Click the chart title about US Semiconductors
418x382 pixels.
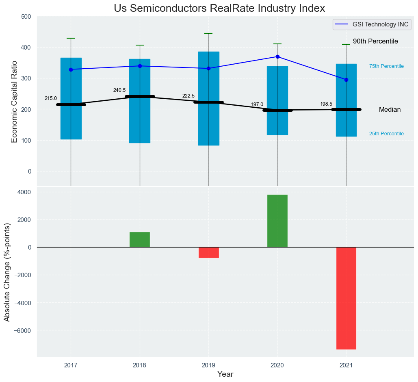coord(219,9)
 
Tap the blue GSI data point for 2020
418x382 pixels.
coord(277,56)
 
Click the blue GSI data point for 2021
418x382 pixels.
coord(346,80)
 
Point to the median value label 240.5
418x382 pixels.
coord(119,90)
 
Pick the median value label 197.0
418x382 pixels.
coord(257,104)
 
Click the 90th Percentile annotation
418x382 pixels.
coord(375,41)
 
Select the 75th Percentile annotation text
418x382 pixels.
coord(386,66)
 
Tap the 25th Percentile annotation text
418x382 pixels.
coord(386,134)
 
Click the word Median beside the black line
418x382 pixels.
coord(390,110)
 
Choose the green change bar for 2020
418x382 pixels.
coord(277,221)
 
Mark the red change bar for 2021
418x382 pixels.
coord(346,298)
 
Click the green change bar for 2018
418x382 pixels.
coord(140,240)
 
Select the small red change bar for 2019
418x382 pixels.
coord(209,252)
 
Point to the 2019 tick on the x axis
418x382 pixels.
coord(209,365)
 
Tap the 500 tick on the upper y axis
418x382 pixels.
coord(26,17)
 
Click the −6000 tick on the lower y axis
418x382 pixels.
coord(23,330)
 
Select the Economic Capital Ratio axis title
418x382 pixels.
coord(14,102)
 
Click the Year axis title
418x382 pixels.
coord(225,374)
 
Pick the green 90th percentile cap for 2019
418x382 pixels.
coord(208,33)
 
